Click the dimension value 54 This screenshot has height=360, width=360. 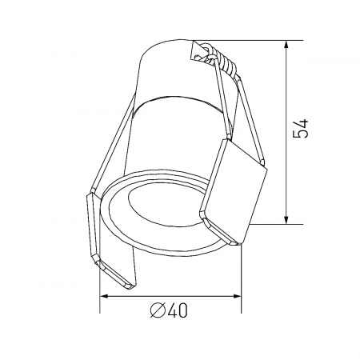point(302,130)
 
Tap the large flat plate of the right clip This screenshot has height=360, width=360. point(233,188)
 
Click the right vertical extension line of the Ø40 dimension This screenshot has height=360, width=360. point(241,272)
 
